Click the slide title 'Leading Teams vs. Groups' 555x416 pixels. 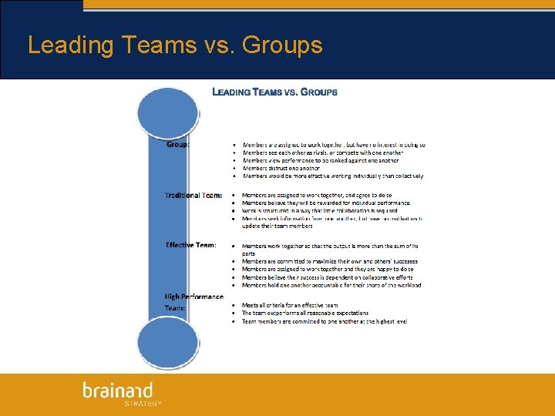[175, 45]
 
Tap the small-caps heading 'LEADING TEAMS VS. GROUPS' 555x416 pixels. [274, 92]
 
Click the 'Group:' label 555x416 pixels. [178, 143]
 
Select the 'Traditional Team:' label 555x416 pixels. [193, 196]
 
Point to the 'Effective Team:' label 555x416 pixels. [190, 245]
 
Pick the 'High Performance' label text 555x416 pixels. [193, 297]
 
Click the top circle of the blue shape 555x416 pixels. [167, 112]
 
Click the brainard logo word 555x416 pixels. [118, 391]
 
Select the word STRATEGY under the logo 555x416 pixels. [143, 403]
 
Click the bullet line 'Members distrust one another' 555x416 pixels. [281, 168]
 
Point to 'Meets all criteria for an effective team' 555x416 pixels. [290, 305]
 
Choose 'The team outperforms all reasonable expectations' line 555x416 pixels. [305, 313]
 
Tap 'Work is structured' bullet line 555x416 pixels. [319, 211]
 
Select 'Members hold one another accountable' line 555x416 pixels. [331, 285]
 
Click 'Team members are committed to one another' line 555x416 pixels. [325, 321]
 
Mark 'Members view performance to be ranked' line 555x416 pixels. [321, 160]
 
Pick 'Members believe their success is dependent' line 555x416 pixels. [327, 277]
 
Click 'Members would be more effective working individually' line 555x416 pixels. [333, 176]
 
